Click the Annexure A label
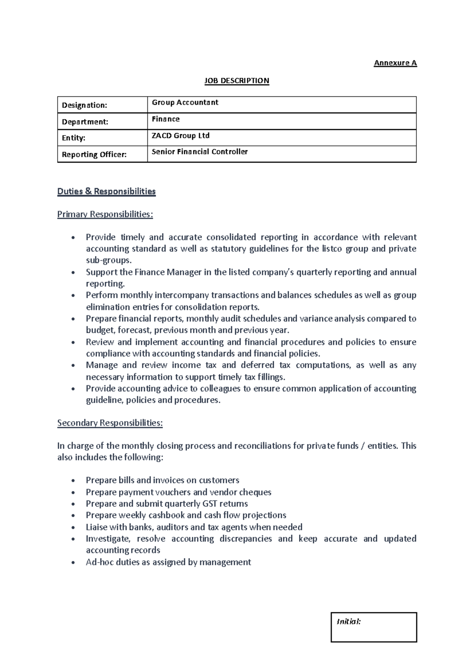click(395, 63)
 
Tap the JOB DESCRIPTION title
click(236, 81)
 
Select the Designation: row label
click(85, 105)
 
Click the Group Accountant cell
click(185, 102)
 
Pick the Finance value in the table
click(166, 119)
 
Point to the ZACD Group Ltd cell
click(181, 136)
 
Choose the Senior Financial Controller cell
click(199, 152)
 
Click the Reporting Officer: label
click(94, 154)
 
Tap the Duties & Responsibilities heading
click(106, 191)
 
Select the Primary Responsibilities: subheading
click(105, 214)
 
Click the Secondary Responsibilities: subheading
click(110, 423)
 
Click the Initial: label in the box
click(348, 621)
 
